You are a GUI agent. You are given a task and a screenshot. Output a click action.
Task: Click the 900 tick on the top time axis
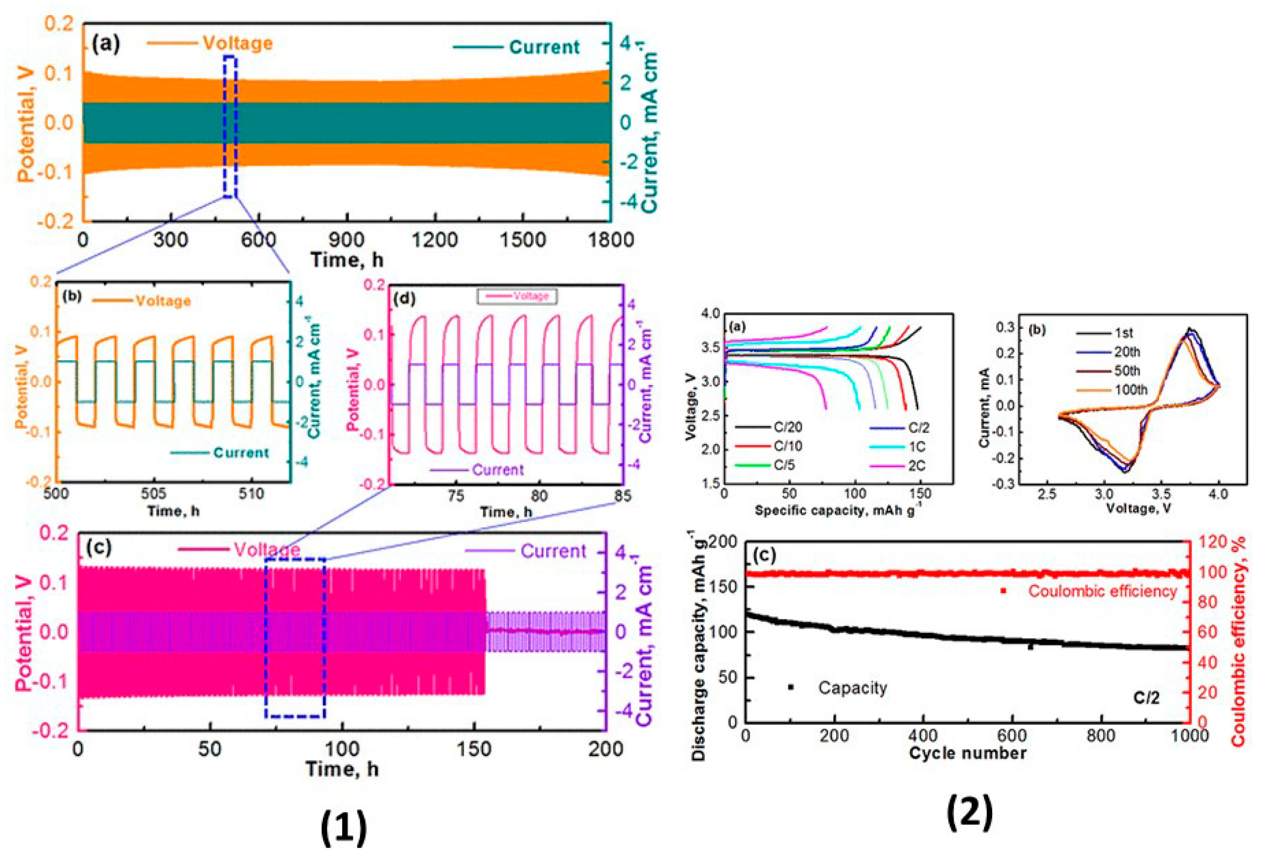tap(347, 240)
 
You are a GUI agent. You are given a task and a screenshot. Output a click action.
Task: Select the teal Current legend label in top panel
tap(544, 48)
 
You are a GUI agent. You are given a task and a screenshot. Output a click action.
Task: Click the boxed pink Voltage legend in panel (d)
tap(517, 296)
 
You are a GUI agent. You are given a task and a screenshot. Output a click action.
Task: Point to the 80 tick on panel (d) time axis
tap(539, 496)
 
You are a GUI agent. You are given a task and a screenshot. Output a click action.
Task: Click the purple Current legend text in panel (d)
tap(497, 470)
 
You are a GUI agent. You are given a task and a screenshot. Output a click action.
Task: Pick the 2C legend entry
tap(916, 465)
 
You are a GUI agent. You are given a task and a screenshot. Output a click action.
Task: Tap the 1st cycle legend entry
tap(1124, 333)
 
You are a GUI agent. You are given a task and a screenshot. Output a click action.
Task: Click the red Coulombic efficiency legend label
tap(1102, 591)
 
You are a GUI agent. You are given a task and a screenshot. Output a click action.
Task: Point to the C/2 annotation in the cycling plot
tap(1146, 697)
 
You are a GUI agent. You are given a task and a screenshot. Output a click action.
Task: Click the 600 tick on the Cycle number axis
tap(1012, 736)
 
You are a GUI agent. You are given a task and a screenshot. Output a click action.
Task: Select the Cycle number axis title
tap(967, 753)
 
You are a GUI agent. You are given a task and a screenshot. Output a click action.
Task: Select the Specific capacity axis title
tap(838, 511)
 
